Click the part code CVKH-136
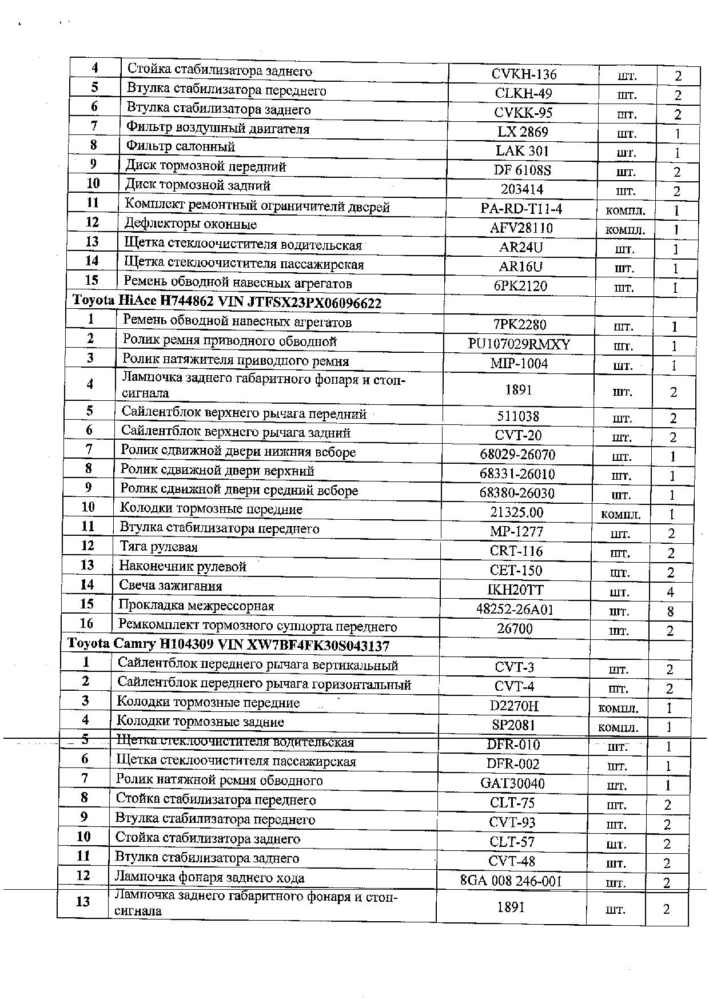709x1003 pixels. tap(523, 74)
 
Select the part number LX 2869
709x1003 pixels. tap(523, 132)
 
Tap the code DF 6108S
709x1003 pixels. tap(523, 170)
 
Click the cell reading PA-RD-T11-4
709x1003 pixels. tap(521, 209)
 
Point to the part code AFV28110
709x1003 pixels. tap(521, 228)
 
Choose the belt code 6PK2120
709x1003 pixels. tap(521, 286)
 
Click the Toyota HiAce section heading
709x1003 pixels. tap(227, 303)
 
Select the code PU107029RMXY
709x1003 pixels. tap(519, 344)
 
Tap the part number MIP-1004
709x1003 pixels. tap(519, 364)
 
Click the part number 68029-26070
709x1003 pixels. tap(517, 455)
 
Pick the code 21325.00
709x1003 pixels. tap(517, 512)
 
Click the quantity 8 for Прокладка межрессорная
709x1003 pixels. tap(670, 611)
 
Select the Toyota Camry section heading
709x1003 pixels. tap(229, 645)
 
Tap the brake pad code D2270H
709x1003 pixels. tap(515, 706)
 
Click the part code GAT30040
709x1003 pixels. tap(513, 783)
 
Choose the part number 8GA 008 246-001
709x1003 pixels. tap(511, 881)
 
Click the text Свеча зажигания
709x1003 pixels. tap(170, 586)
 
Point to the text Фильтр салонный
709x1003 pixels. tap(181, 147)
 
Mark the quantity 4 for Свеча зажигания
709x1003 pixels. tap(670, 592)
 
